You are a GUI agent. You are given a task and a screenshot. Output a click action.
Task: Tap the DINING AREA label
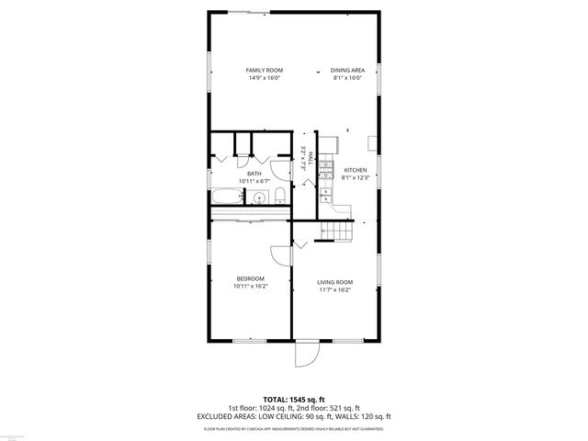tap(347, 70)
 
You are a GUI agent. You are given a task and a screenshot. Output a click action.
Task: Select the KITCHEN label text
tap(355, 170)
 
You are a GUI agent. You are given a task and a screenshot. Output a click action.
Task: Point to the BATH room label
tap(254, 174)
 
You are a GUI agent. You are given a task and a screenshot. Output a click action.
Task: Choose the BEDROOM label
tap(250, 278)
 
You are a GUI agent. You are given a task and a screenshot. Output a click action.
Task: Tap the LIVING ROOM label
tap(335, 282)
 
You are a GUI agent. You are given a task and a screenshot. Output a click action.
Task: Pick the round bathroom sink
tap(260, 198)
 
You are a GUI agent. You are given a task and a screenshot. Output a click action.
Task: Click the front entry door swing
tap(306, 354)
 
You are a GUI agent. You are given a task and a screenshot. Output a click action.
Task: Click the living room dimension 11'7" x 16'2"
tap(335, 290)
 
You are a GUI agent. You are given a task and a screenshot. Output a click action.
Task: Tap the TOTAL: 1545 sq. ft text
tap(293, 400)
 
